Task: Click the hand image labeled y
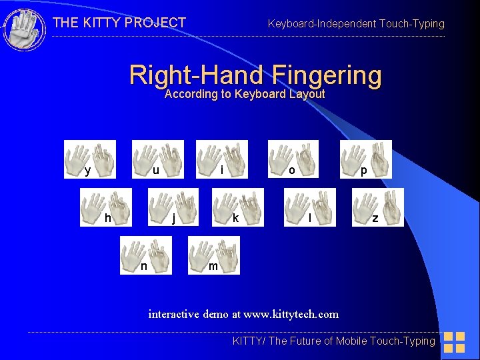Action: (x=90, y=159)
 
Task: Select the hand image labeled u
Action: (x=157, y=159)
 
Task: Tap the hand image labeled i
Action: (x=221, y=159)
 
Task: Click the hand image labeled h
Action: (x=106, y=207)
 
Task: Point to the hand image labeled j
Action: (x=173, y=207)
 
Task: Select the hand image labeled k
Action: (x=238, y=207)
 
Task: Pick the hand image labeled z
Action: (x=377, y=207)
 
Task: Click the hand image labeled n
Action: (x=145, y=255)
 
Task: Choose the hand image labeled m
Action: (x=213, y=255)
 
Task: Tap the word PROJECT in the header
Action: (x=155, y=23)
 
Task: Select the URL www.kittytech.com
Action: (x=291, y=313)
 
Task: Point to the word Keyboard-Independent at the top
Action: (x=321, y=24)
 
